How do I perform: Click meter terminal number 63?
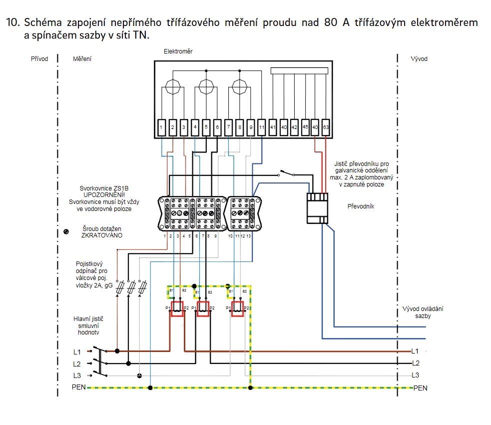coord(326,127)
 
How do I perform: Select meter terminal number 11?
coord(262,127)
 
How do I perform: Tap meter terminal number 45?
coord(305,127)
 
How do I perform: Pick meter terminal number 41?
coord(273,127)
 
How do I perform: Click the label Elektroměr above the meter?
coord(178,51)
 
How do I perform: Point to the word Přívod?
coord(39,59)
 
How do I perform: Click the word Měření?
coord(82,59)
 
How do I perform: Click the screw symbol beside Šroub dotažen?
coord(66,231)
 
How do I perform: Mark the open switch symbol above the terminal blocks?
coord(287,173)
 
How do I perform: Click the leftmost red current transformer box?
coord(177,308)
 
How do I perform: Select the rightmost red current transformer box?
coord(237,308)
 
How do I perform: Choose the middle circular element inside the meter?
coord(206,85)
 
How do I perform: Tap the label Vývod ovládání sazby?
coord(423,312)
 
